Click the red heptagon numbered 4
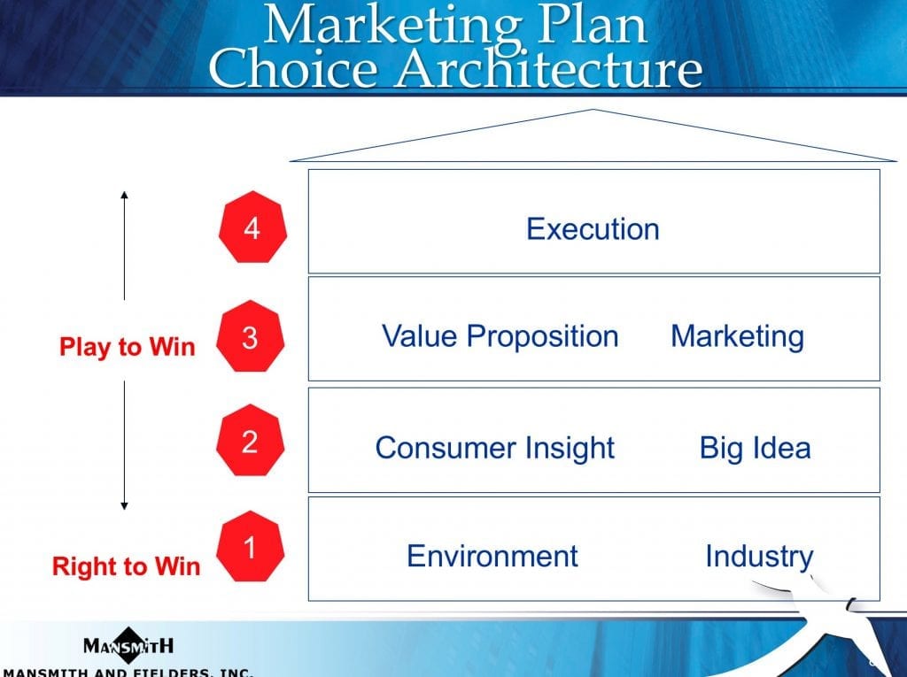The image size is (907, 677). [252, 227]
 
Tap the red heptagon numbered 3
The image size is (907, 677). [250, 336]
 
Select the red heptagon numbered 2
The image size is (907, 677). [250, 441]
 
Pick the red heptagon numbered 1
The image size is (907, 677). [250, 546]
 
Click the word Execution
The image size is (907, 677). [593, 229]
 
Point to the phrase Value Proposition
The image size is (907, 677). [500, 336]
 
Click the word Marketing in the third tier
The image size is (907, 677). [738, 337]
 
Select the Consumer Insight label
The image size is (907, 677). [495, 448]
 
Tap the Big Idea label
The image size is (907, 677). [756, 448]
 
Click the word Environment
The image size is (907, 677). [492, 556]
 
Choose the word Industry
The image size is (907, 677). [759, 557]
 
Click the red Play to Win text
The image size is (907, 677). [128, 347]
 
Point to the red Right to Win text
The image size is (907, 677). [126, 566]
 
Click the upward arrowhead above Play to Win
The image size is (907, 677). [124, 195]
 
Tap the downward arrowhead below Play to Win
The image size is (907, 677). [124, 506]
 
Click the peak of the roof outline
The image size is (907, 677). [593, 109]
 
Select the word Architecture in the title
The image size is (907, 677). [548, 68]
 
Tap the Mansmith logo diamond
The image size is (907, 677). [128, 644]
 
